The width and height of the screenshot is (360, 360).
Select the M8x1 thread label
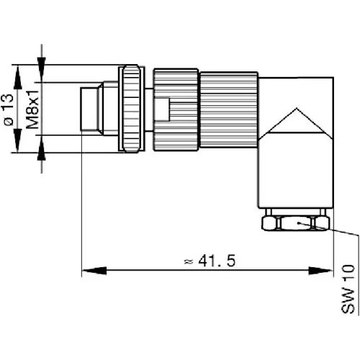[33, 110]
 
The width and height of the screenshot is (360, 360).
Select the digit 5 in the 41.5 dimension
[230, 261]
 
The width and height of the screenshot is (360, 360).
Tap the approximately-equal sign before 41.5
[188, 261]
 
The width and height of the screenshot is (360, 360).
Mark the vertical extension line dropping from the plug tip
[82, 202]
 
